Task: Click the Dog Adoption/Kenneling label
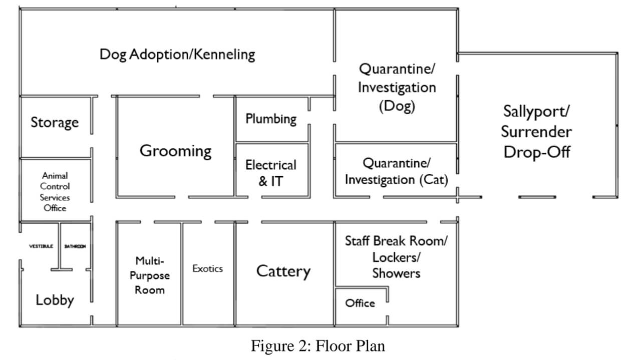tap(177, 54)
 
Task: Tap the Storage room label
tap(55, 122)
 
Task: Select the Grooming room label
tap(175, 151)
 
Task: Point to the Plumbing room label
tap(271, 119)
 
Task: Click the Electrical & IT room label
tap(271, 173)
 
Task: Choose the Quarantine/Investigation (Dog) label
tap(397, 87)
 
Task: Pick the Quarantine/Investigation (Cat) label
tap(396, 171)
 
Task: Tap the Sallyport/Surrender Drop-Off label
tap(536, 131)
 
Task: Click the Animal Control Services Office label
tap(55, 191)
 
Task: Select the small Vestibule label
tap(41, 246)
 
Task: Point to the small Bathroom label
tap(75, 246)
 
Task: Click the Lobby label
tap(55, 300)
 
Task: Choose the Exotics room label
tap(207, 269)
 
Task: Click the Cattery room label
tap(283, 271)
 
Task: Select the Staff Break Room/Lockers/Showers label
tap(396, 257)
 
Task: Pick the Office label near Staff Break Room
tap(360, 303)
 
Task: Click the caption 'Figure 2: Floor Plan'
tap(318, 346)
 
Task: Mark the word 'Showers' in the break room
tap(396, 273)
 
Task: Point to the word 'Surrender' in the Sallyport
tap(536, 132)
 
